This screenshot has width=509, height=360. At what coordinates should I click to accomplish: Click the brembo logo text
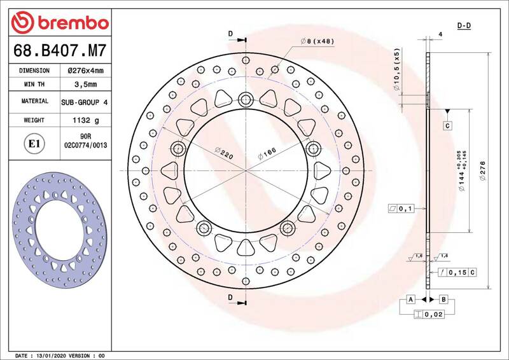click(73, 23)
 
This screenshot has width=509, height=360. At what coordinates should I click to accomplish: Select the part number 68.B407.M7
click(60, 50)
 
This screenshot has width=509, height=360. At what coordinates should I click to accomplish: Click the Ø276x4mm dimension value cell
click(86, 71)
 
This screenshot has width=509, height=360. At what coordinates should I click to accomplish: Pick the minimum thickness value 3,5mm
click(86, 85)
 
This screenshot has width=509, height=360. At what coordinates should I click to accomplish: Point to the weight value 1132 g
click(86, 120)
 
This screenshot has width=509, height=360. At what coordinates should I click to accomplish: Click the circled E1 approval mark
click(34, 144)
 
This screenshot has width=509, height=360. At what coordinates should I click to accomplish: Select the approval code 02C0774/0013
click(86, 145)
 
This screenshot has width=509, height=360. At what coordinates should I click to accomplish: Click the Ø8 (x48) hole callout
click(317, 41)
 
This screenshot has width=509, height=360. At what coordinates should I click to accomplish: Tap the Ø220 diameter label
click(224, 153)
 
